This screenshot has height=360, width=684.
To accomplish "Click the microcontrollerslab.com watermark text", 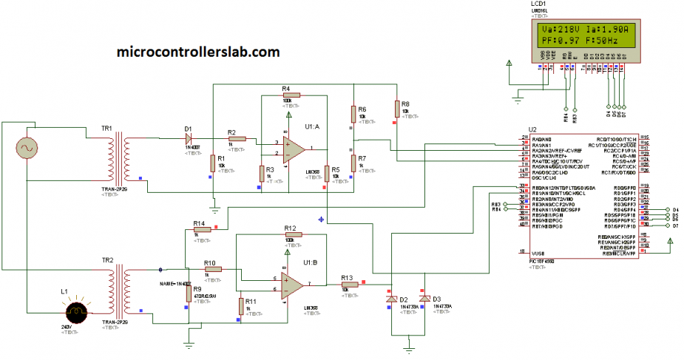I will point(198,52).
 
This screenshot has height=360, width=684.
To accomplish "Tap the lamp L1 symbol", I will point(74,311).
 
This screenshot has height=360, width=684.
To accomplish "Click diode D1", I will point(189,137).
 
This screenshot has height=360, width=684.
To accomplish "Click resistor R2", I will point(237,138).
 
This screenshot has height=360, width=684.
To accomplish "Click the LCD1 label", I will point(538,4).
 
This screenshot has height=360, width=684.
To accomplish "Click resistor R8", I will point(396,109).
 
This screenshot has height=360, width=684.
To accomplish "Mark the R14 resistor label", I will point(198,223).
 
